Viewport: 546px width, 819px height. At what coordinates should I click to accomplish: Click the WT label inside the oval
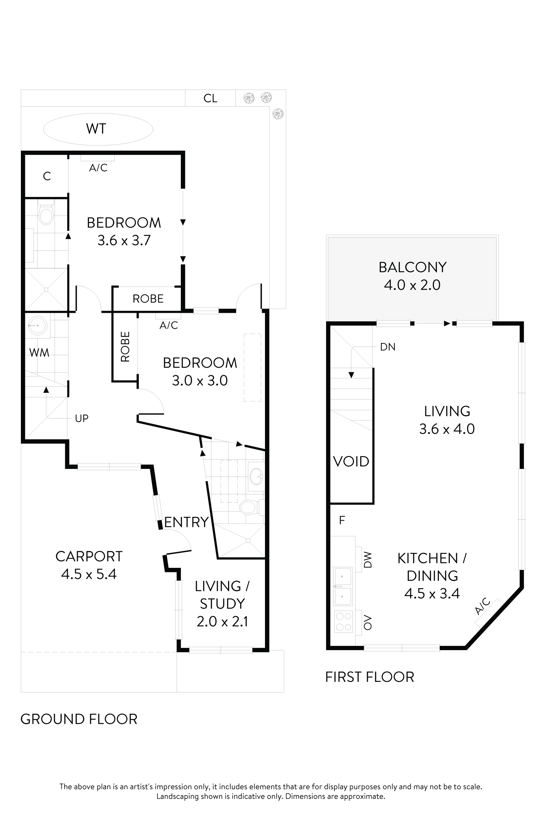[x=96, y=129]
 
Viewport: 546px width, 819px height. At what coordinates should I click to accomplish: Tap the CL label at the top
[x=210, y=99]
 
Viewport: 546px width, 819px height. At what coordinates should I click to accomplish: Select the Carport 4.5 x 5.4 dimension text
[x=89, y=574]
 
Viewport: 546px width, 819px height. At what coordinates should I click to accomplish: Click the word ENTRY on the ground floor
[x=186, y=522]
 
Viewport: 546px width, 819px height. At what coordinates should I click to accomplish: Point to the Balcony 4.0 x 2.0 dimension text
[x=412, y=285]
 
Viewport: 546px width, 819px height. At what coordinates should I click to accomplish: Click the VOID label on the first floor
[x=351, y=462]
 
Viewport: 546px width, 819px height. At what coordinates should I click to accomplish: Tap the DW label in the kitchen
[x=368, y=559]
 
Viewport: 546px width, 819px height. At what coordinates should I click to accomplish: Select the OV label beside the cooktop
[x=368, y=623]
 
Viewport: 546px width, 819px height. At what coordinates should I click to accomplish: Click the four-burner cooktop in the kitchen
[x=343, y=622]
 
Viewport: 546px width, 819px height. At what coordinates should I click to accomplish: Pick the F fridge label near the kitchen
[x=342, y=520]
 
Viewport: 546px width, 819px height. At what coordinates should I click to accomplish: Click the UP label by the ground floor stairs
[x=82, y=418]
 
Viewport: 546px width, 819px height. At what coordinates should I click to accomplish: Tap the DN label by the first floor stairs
[x=388, y=347]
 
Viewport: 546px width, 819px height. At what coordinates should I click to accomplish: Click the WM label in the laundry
[x=39, y=353]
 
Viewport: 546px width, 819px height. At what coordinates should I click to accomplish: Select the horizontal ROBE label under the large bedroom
[x=148, y=299]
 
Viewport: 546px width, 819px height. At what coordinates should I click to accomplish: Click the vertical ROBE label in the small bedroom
[x=125, y=347]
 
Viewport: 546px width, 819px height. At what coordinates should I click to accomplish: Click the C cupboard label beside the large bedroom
[x=47, y=177]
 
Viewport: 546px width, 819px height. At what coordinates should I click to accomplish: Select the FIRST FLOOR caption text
[x=369, y=677]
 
